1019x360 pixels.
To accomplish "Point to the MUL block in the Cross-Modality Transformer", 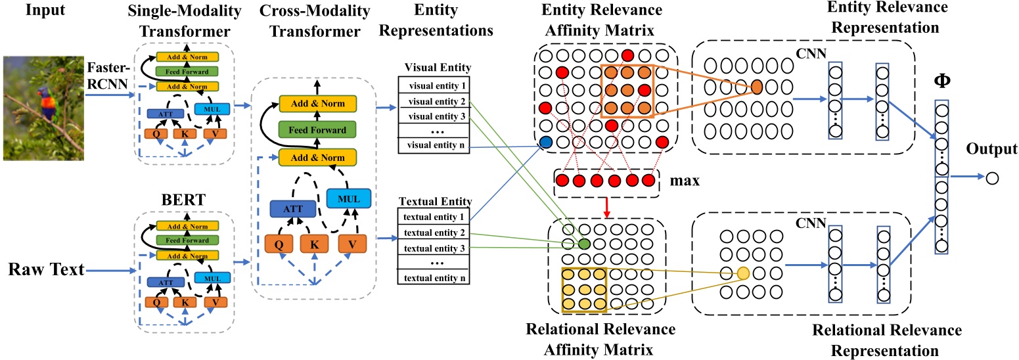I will [x=349, y=198].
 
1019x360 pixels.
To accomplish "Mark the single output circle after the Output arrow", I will [x=991, y=177].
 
